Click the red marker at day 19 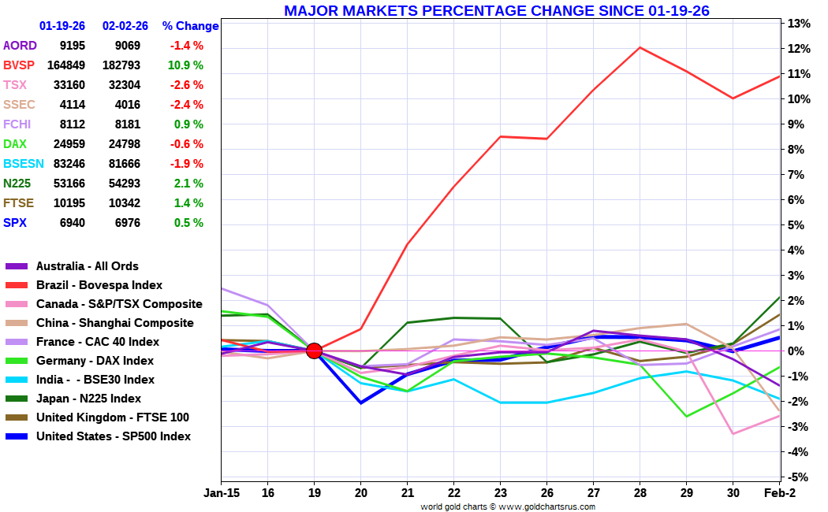314,351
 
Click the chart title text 496,10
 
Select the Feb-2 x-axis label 778,492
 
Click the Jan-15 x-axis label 222,492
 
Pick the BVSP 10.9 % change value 185,65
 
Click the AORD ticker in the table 20,46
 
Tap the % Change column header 190,26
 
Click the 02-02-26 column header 125,26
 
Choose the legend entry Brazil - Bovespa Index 99,285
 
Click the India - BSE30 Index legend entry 95,380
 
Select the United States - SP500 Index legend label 114,436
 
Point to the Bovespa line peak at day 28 640,47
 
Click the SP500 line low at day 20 360,403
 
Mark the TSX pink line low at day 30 733,433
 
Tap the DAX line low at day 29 686,416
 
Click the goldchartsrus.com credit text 508,506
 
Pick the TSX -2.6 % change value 187,85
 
